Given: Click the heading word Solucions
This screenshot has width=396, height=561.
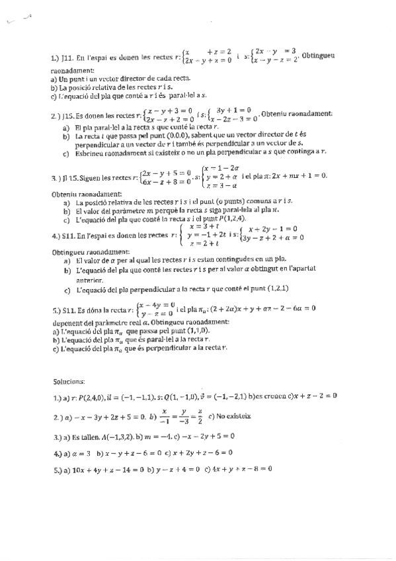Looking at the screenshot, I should coord(69,381).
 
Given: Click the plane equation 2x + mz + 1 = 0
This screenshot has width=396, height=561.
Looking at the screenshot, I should coord(292,175).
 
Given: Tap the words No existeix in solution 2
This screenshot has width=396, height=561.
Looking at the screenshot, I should coord(229,417).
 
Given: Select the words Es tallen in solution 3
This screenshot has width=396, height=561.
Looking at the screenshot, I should coord(87,437).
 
